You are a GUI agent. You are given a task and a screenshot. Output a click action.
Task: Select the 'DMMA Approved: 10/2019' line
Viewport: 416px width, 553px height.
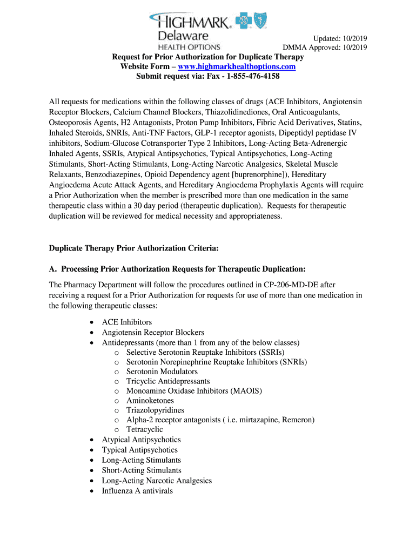pos(325,47)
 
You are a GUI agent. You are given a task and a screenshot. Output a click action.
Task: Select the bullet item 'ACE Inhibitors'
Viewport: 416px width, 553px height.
pos(127,322)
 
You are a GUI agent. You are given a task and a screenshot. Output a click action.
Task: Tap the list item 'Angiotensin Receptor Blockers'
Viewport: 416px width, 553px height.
pos(153,332)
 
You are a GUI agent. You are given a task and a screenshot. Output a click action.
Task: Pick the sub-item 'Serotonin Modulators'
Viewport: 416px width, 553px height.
pos(162,372)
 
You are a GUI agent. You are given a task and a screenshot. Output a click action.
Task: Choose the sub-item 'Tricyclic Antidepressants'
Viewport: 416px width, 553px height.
pos(168,381)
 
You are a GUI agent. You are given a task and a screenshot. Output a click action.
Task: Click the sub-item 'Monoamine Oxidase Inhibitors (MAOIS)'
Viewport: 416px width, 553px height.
pos(194,390)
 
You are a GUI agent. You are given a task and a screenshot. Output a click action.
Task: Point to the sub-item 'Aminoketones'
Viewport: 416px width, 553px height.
pos(150,400)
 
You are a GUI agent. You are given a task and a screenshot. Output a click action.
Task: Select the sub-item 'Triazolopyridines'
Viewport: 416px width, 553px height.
pos(155,410)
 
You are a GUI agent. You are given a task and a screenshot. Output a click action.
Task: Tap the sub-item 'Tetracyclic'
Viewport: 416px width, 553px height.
pos(144,429)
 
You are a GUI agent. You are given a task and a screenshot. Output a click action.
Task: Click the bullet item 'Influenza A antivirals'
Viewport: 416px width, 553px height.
pos(137,490)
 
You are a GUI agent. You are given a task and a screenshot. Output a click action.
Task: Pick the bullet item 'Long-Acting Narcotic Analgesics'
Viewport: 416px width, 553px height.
pos(157,480)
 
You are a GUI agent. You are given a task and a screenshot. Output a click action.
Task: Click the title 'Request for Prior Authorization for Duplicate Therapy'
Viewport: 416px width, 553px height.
pos(208,57)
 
